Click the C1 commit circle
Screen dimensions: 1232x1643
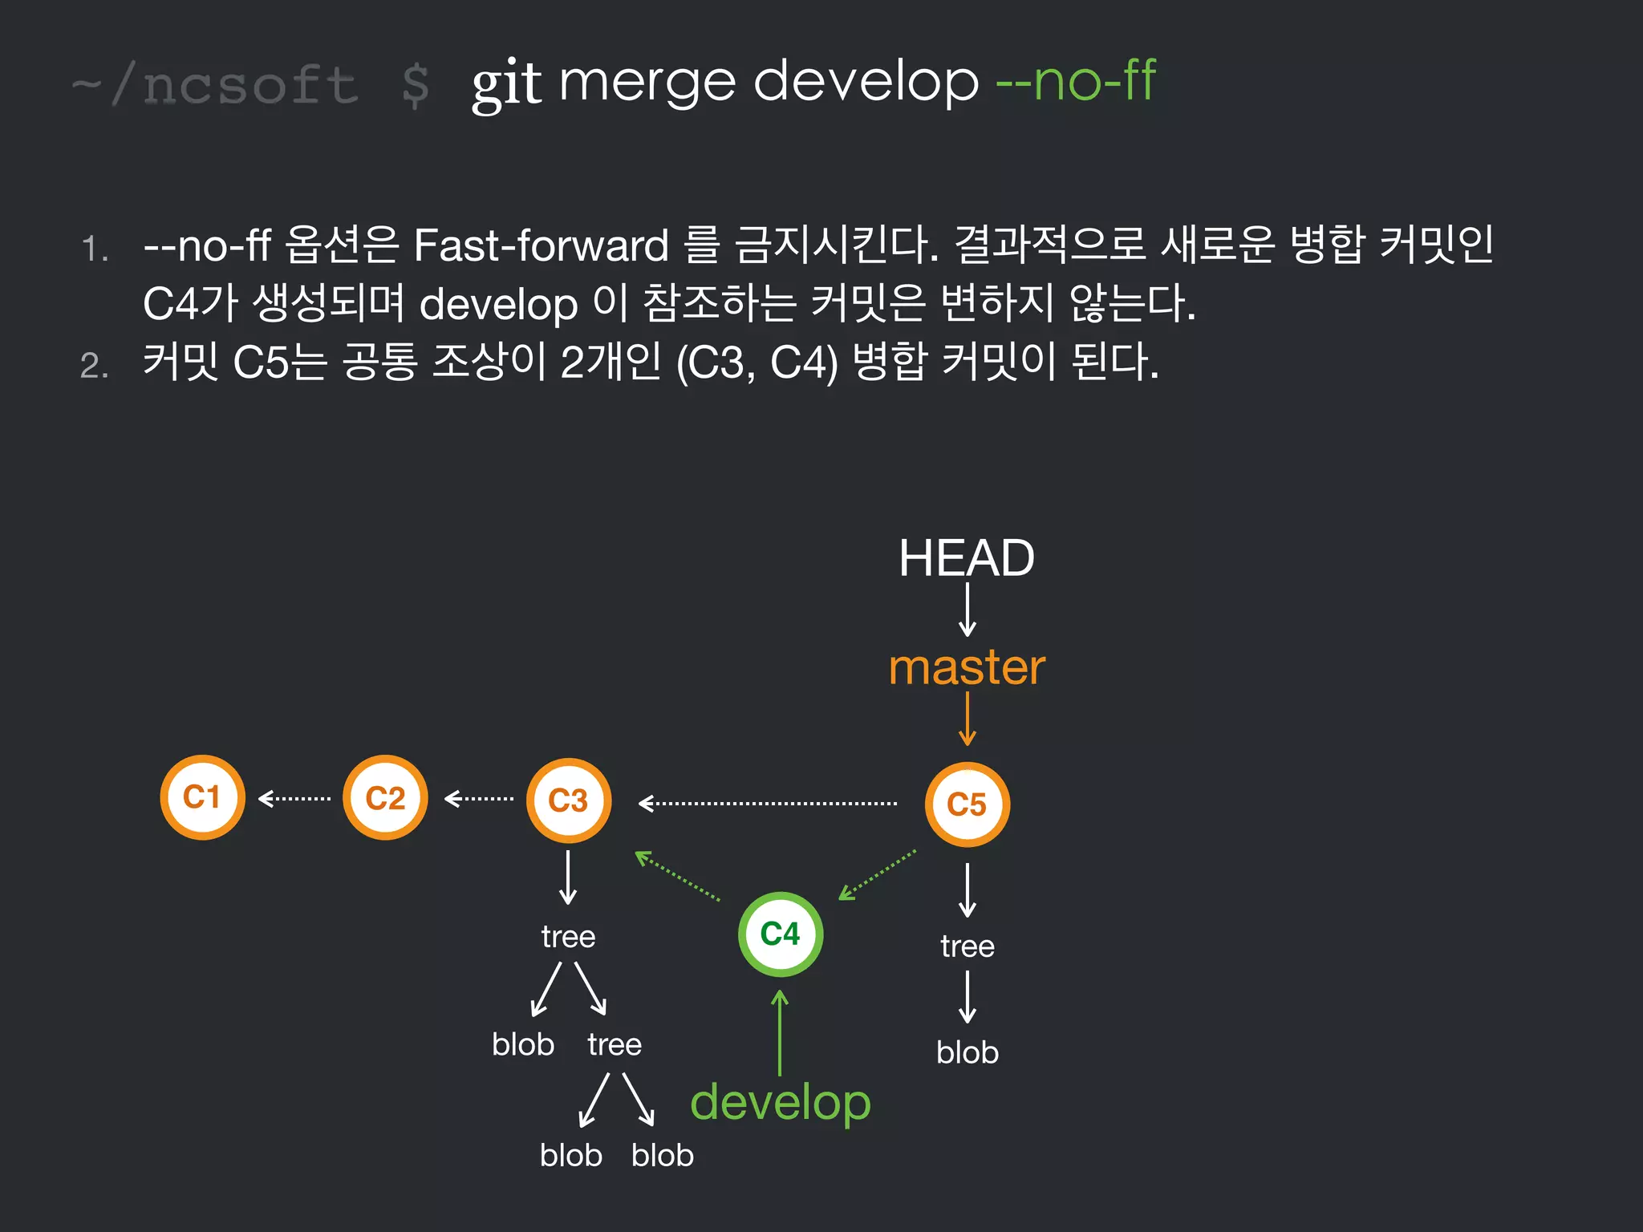pyautogui.click(x=202, y=797)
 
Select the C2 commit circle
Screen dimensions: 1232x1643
pyautogui.click(x=385, y=798)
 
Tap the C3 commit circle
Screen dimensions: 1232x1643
pyautogui.click(x=568, y=800)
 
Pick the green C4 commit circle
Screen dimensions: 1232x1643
pyautogui.click(x=780, y=934)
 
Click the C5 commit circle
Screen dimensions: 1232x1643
pyautogui.click(x=967, y=804)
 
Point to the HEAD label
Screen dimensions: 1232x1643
pyautogui.click(x=967, y=558)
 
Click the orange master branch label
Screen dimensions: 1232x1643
pyautogui.click(x=967, y=667)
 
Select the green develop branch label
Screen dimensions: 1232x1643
pyautogui.click(x=780, y=1103)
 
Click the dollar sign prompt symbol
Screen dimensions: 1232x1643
pyautogui.click(x=415, y=85)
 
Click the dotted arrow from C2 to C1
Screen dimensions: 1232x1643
pyautogui.click(x=294, y=799)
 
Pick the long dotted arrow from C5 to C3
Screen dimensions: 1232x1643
pyautogui.click(x=768, y=803)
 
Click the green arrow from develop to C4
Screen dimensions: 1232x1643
pyautogui.click(x=780, y=1033)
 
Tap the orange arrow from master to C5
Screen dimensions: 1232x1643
pyautogui.click(x=968, y=719)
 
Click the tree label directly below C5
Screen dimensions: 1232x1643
pyautogui.click(x=968, y=946)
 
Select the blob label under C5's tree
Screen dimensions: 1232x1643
pyautogui.click(x=968, y=1052)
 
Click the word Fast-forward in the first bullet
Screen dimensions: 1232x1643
pyautogui.click(x=542, y=245)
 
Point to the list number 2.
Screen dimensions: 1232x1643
pyautogui.click(x=94, y=366)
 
